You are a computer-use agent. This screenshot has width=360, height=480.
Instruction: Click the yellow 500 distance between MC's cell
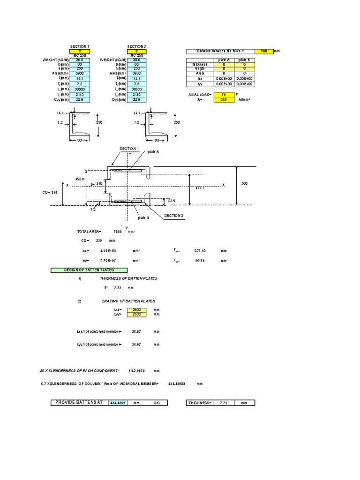point(263,52)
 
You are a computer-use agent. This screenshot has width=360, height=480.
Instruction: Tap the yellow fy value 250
point(222,99)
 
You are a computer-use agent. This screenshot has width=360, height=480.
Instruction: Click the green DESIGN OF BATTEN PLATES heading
point(89,270)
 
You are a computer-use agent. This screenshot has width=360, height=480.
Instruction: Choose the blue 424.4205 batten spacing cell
point(119,403)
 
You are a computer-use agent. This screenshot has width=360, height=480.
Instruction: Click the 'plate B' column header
point(244,60)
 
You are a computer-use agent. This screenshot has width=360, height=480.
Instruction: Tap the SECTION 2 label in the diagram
point(173,216)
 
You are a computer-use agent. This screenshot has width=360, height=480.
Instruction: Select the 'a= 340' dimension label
point(96,184)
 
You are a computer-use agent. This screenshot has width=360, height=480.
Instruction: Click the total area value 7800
point(118,232)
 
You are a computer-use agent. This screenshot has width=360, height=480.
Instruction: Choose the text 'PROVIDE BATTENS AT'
point(79,403)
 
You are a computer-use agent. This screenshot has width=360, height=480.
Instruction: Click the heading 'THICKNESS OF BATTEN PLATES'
point(132,278)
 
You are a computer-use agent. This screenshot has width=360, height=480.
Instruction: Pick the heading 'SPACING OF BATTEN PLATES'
point(128,301)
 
